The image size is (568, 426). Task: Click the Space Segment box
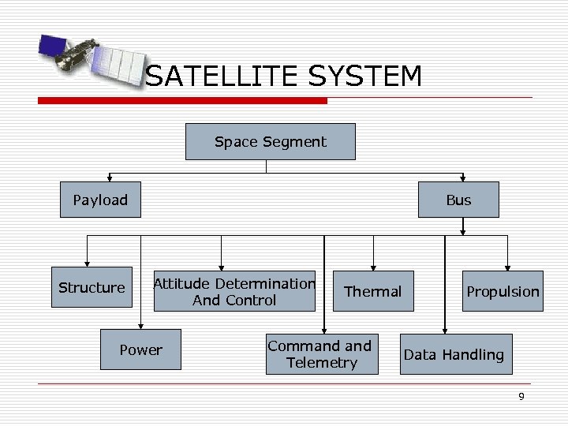click(x=270, y=142)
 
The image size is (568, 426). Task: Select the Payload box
click(x=100, y=200)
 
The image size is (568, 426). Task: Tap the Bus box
click(x=458, y=200)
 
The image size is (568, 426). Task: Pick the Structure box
click(x=92, y=288)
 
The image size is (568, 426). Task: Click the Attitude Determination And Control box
click(x=234, y=292)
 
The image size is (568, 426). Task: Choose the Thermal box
click(x=372, y=292)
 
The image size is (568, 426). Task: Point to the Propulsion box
click(x=503, y=292)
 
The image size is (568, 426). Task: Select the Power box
click(x=140, y=350)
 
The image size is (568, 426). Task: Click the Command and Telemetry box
click(x=319, y=354)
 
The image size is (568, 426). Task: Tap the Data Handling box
click(x=454, y=355)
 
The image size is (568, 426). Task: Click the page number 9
click(x=521, y=397)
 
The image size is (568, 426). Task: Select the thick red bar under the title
click(x=182, y=101)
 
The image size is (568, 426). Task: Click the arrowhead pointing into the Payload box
click(x=110, y=177)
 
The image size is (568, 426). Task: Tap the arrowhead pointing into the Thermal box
click(x=373, y=268)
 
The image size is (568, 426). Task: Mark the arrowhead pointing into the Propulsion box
click(x=507, y=268)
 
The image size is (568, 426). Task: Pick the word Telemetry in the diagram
click(x=322, y=363)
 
